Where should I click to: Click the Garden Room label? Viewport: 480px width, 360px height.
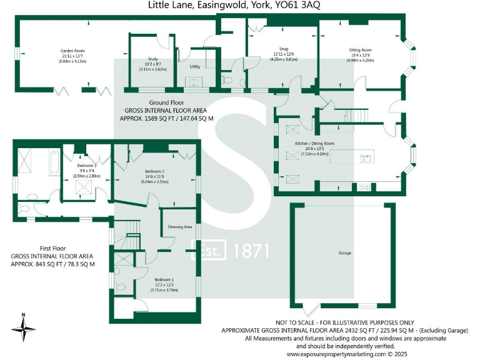[x=72, y=51]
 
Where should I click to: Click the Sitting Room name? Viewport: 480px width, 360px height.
[x=361, y=50]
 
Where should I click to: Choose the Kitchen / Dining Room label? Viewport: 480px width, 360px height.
[x=315, y=143]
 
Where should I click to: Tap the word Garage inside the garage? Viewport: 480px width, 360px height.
[x=344, y=253]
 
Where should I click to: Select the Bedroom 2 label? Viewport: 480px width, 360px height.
[x=155, y=171]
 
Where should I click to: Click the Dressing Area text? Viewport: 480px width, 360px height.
[x=180, y=227]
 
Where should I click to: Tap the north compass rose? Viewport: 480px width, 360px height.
[x=23, y=327]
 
